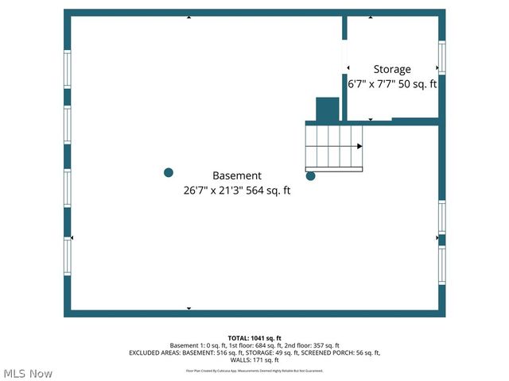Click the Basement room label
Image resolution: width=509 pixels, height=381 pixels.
[x=236, y=175]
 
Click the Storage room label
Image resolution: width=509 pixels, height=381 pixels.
[x=392, y=69]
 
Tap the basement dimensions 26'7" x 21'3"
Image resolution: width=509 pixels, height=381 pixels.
[x=216, y=190]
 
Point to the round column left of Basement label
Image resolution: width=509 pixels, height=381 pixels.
[x=169, y=172]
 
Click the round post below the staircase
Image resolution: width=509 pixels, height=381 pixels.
[x=311, y=176]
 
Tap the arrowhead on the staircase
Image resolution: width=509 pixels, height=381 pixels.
[x=359, y=146]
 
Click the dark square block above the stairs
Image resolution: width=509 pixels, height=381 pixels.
[x=328, y=110]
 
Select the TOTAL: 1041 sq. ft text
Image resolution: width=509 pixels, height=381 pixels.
[x=254, y=337]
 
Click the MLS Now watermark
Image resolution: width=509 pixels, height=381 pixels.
[x=28, y=373]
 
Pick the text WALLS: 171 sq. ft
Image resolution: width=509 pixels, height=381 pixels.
[x=254, y=360]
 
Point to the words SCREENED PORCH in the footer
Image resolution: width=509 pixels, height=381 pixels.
[x=324, y=352]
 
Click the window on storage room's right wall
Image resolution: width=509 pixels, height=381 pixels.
[x=441, y=57]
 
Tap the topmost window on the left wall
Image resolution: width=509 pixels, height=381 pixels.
[x=68, y=69]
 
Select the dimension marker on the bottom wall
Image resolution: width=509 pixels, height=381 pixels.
[x=188, y=308]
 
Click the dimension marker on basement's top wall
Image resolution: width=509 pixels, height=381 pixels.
[x=188, y=16]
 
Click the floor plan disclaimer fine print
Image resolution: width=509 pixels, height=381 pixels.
[x=254, y=370]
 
